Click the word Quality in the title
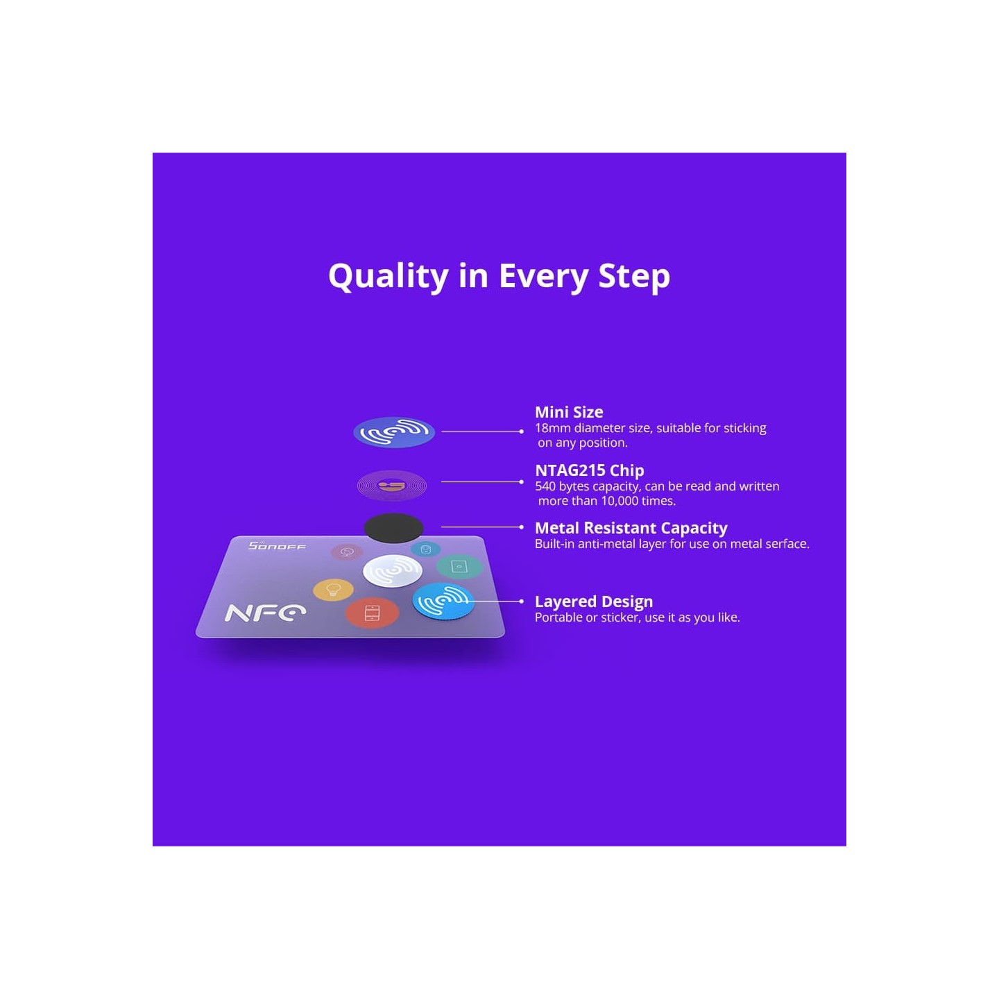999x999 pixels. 388,276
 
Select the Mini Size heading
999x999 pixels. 568,412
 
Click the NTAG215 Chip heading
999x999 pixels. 589,470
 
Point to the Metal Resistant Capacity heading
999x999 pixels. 631,529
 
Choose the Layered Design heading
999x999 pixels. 593,601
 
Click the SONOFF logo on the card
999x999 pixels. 277,546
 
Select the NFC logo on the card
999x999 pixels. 265,613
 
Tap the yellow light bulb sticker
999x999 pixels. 333,590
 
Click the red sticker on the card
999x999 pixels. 372,613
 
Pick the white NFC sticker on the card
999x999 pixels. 393,572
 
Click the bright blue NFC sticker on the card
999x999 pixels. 443,601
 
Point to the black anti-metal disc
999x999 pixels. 393,528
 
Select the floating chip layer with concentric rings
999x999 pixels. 392,486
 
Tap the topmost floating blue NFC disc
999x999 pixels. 393,432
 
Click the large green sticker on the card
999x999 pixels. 459,567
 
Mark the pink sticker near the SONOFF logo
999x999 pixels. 347,552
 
